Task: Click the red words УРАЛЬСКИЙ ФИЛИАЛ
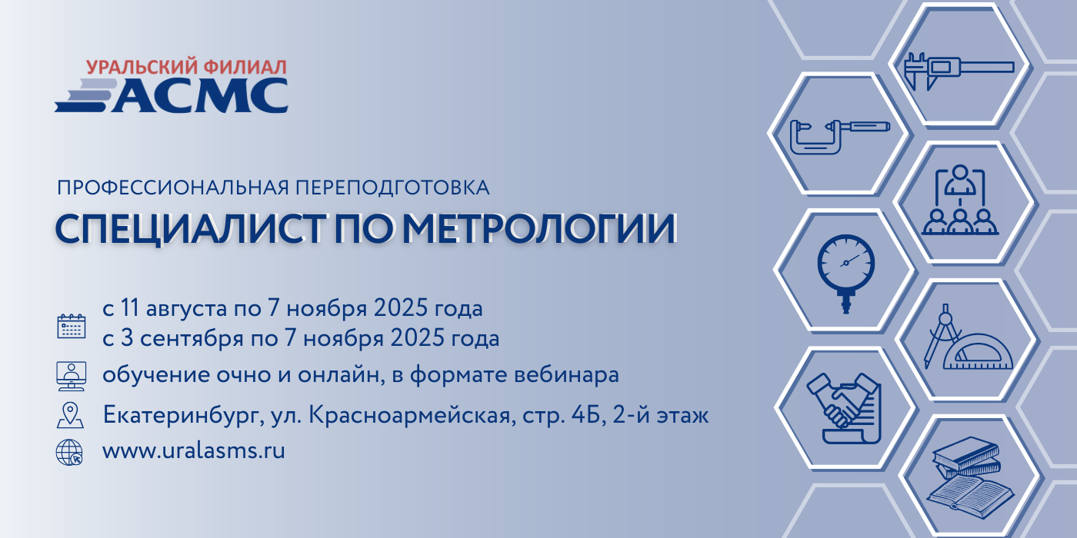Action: (x=186, y=67)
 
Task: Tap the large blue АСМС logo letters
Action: (x=200, y=95)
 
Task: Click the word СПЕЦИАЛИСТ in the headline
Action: (x=190, y=230)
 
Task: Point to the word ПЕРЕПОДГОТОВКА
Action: (x=392, y=188)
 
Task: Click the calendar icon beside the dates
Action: (x=71, y=326)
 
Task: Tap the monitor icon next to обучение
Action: (x=71, y=376)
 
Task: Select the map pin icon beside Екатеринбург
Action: (x=70, y=415)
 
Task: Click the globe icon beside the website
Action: (x=69, y=453)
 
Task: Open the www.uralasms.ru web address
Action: (x=194, y=450)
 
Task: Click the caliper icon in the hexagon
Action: (x=959, y=71)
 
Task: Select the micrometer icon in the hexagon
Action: (x=840, y=137)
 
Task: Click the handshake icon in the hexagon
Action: (x=845, y=408)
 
